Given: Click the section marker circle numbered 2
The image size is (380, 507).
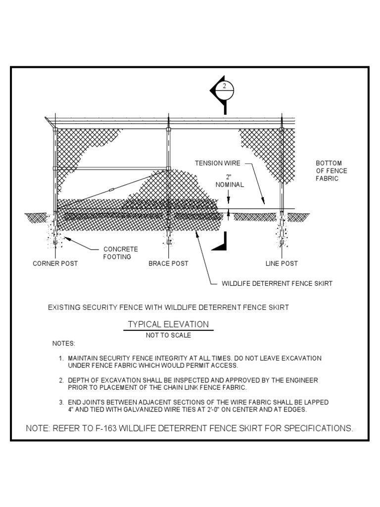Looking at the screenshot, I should (x=226, y=89).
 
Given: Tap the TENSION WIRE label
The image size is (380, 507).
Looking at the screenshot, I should (x=217, y=163).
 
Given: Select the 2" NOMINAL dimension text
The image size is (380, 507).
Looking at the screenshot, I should (x=229, y=181).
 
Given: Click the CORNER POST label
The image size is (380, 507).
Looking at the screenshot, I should (x=55, y=263).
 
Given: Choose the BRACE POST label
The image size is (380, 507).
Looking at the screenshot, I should (x=168, y=263).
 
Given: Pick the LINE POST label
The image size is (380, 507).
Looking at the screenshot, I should (x=282, y=263).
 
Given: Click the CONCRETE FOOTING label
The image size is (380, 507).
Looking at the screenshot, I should (x=120, y=253).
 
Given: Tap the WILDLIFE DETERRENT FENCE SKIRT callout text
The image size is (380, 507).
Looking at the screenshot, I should (x=277, y=284).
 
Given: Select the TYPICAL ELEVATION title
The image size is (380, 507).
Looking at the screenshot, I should (x=168, y=324).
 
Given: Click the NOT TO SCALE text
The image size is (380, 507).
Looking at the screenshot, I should (x=168, y=335).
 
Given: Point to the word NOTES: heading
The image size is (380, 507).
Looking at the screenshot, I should (x=64, y=343).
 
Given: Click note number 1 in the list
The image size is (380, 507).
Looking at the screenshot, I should (x=60, y=358).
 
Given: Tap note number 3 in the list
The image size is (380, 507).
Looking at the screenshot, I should (x=60, y=402).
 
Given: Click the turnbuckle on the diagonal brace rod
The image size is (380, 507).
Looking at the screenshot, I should (x=111, y=190).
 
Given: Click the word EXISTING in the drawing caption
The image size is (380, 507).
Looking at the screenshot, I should (x=65, y=307).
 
